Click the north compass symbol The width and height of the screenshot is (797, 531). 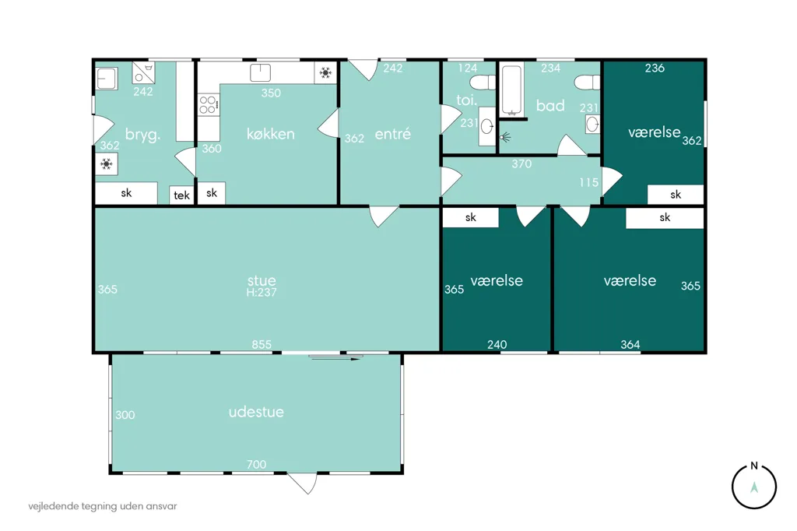click(x=753, y=487)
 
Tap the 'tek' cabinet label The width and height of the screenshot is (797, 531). click(x=181, y=195)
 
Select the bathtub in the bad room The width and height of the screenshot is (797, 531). click(x=511, y=90)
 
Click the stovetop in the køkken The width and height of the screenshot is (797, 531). click(x=208, y=105)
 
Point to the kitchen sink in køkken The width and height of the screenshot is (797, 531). click(x=260, y=72)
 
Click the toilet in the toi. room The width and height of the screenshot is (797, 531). click(x=483, y=83)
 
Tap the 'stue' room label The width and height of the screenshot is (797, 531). click(x=262, y=280)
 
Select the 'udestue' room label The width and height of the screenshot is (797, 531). click(x=256, y=411)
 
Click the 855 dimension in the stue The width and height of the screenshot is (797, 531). click(x=262, y=344)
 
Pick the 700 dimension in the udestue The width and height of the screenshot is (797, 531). click(x=256, y=464)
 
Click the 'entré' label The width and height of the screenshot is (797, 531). click(x=392, y=134)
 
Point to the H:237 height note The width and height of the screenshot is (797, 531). click(x=262, y=293)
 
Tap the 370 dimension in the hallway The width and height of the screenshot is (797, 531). click(x=521, y=164)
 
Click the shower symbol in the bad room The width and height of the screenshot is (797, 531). click(x=504, y=137)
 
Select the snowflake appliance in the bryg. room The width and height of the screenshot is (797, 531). click(x=107, y=164)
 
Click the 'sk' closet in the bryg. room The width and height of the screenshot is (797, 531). click(x=126, y=193)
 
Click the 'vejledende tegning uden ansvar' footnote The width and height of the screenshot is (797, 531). click(x=103, y=506)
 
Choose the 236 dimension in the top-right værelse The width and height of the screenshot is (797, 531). click(x=655, y=69)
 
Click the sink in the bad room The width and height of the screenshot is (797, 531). click(x=592, y=124)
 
